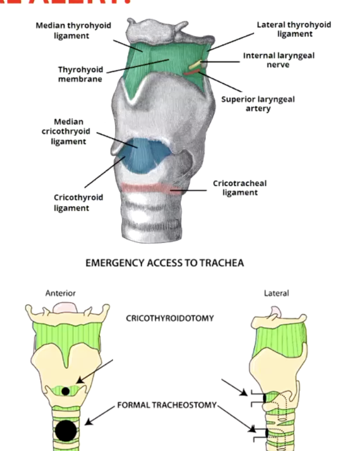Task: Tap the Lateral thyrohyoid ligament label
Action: (293, 30)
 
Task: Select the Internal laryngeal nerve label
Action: (278, 60)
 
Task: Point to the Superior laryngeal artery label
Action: (258, 104)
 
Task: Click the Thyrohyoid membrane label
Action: (80, 74)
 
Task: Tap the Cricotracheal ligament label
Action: (240, 187)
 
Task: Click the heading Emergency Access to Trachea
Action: (180, 263)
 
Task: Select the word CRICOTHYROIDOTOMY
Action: (170, 318)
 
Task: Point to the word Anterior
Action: (61, 293)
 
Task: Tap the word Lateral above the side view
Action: (276, 293)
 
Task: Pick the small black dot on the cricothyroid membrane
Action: (66, 391)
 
